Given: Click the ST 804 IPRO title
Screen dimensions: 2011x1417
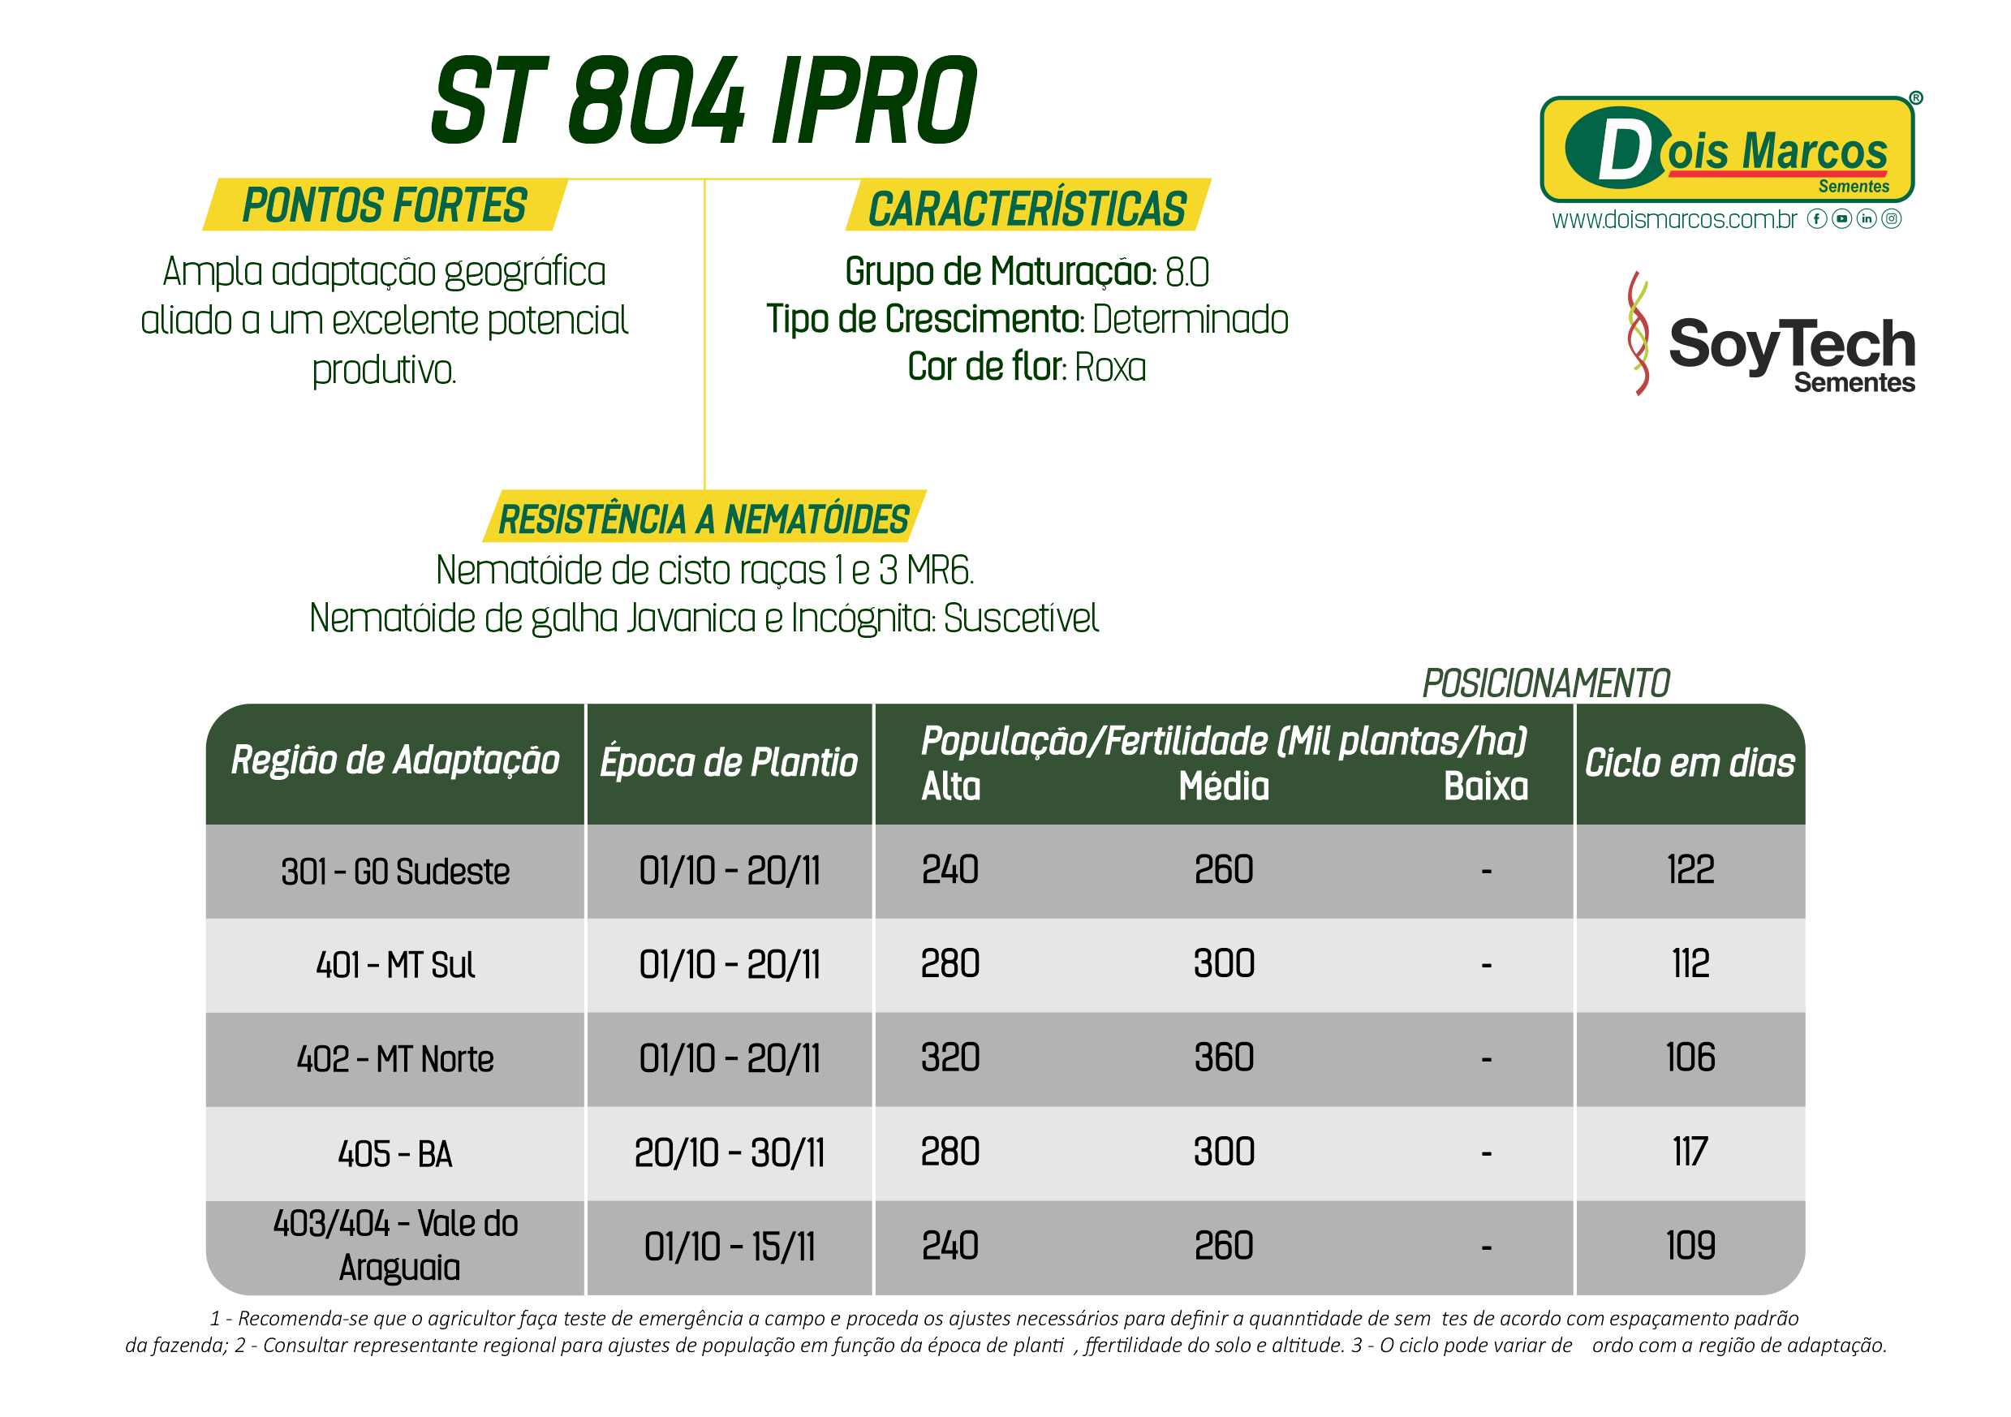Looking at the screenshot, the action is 704,100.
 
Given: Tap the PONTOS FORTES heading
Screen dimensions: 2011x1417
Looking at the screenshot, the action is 385,206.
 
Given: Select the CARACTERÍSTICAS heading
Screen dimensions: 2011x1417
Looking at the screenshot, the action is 1027,209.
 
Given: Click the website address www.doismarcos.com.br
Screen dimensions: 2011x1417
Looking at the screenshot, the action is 1673,219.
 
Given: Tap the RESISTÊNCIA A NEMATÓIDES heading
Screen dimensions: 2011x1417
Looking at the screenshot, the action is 704,519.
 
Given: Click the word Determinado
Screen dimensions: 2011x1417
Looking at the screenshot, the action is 1191,320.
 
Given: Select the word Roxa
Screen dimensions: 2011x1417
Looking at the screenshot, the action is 1109,368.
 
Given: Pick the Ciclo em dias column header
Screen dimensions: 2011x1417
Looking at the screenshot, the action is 1690,763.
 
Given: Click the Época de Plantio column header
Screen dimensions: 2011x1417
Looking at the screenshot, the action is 729,762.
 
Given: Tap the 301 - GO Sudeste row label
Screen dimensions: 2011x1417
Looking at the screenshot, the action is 395,872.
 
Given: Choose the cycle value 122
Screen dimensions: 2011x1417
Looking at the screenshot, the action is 1690,870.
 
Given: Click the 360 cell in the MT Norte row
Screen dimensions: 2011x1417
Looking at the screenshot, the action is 1224,1058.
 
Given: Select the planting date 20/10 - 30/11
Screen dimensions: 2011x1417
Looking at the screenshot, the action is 729,1152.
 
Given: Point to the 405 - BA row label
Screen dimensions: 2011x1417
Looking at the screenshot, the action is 395,1153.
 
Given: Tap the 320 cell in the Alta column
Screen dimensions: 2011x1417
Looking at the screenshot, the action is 950,1058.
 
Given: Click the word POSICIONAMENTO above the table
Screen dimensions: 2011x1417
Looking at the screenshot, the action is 1546,683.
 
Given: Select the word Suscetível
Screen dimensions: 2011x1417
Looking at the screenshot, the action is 1021,618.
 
